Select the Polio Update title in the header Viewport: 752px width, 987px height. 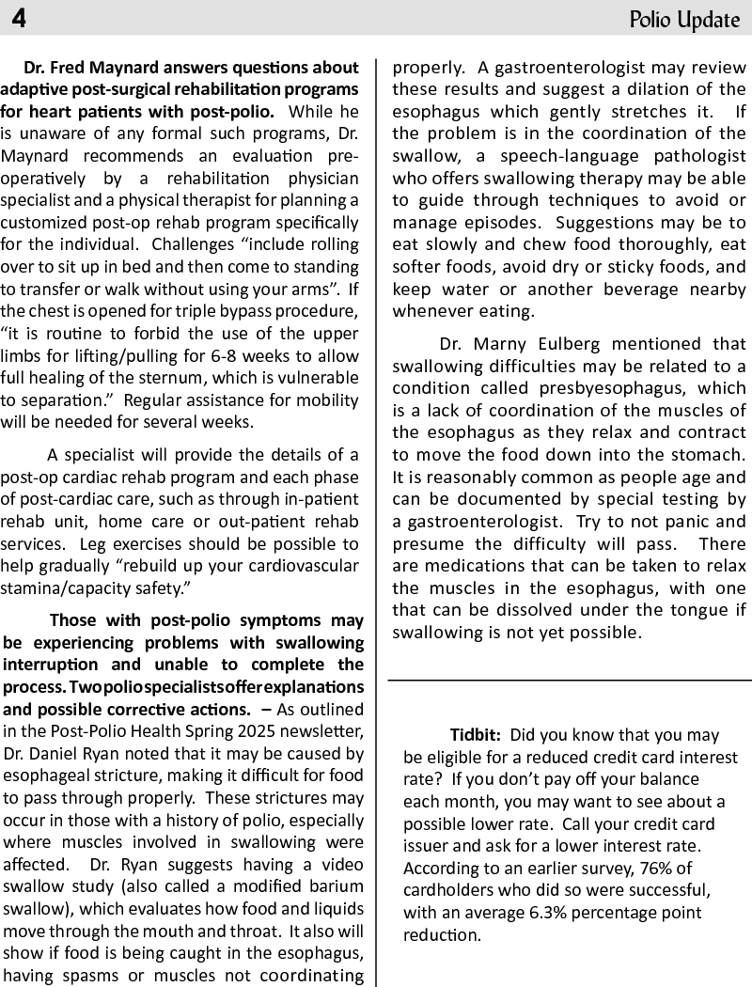click(684, 20)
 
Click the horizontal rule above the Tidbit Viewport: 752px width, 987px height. click(570, 680)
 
